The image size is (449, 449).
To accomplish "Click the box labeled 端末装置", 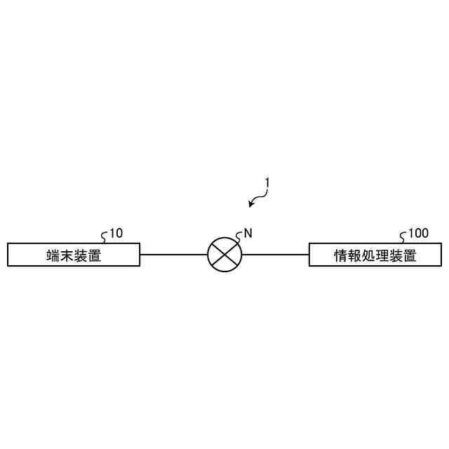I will tap(73, 255).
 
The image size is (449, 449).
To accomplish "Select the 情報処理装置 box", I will tap(375, 255).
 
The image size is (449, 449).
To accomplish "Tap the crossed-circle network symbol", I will tap(224, 255).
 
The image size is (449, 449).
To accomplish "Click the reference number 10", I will tap(116, 234).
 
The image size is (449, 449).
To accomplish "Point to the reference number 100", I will tap(418, 234).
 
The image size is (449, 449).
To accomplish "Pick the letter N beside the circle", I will tap(248, 234).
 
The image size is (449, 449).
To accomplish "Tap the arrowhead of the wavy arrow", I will tap(251, 205).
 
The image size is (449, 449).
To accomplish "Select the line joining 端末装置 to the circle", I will tap(173, 255).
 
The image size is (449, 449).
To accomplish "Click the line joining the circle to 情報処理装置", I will tap(274, 255).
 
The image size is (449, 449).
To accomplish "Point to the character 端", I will tap(53, 255).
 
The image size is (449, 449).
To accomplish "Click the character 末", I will tap(67, 255).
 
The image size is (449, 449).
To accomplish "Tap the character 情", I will tap(341, 255).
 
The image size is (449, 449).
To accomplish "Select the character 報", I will tap(355, 255).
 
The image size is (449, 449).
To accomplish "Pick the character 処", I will tap(368, 255).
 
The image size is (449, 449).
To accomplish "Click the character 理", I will tap(382, 255).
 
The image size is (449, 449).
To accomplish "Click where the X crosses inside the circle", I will tap(224, 255).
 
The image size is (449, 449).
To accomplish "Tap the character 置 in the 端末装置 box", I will tap(95, 255).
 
